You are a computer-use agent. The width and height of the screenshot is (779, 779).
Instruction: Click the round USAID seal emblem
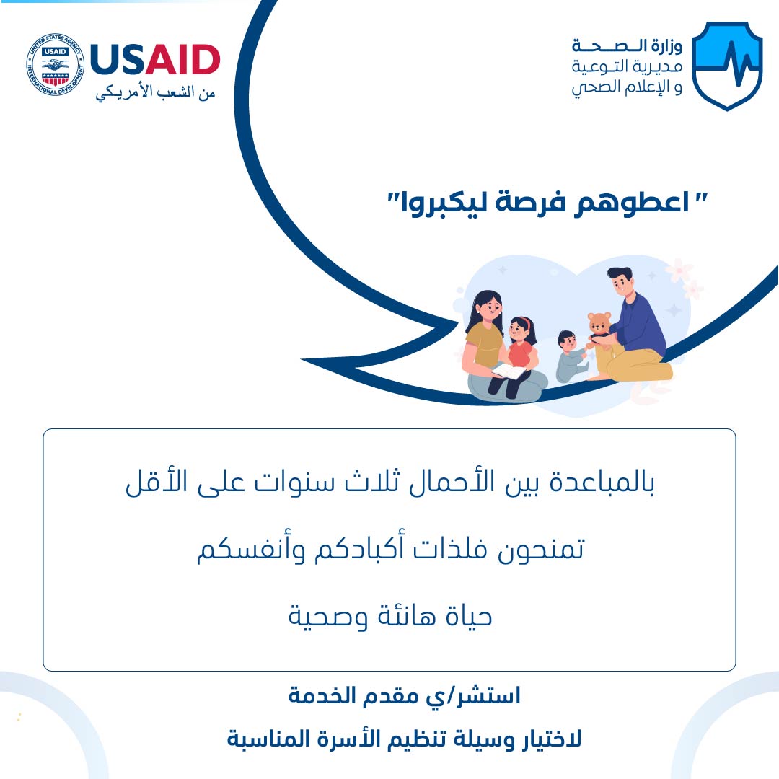[55, 65]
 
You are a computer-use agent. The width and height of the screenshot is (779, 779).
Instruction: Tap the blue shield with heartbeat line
[727, 66]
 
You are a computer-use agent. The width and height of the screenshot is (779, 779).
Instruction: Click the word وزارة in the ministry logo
[666, 46]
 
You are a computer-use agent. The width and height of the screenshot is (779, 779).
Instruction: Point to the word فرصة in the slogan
[531, 203]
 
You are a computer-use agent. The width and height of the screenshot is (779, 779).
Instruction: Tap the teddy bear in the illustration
[599, 328]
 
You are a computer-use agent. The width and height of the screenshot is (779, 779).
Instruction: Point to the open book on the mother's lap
[509, 371]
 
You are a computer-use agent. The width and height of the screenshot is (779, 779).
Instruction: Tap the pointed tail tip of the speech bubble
[302, 359]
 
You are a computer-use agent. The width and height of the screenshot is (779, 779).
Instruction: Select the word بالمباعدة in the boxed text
[602, 481]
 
